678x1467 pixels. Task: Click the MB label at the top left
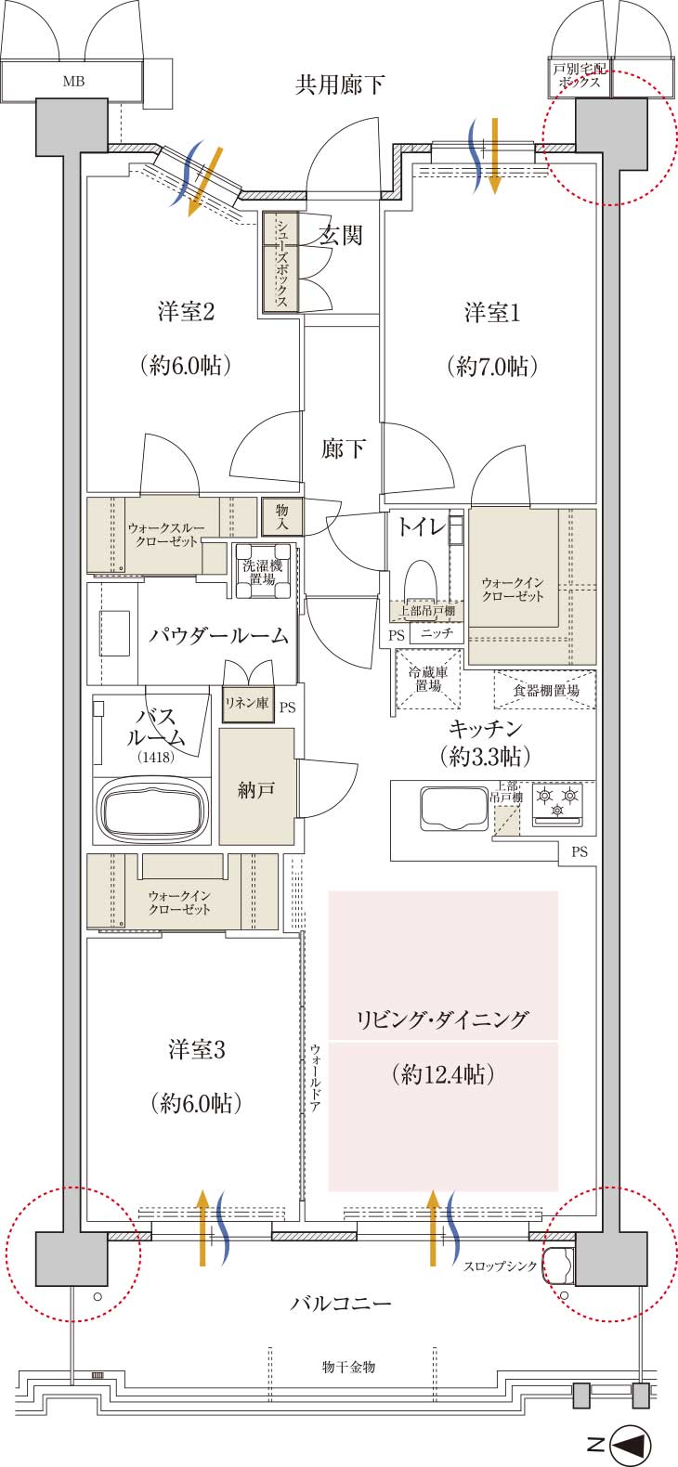pos(73,81)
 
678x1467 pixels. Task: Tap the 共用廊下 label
pos(339,84)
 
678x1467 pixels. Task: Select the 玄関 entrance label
pos(341,235)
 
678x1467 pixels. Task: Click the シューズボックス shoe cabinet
pos(281,261)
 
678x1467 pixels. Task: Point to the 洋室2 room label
pos(186,311)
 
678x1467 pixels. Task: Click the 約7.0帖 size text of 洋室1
pos(492,366)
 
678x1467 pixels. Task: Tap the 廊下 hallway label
pos(343,448)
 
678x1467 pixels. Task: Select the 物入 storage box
pos(282,517)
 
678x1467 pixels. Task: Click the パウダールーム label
pos(218,635)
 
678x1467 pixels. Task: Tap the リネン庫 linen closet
pos(248,704)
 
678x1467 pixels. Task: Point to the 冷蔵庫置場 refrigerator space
pos(428,679)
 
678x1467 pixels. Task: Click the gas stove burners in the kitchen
pos(558,803)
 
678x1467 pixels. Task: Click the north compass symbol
pos(632,1441)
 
